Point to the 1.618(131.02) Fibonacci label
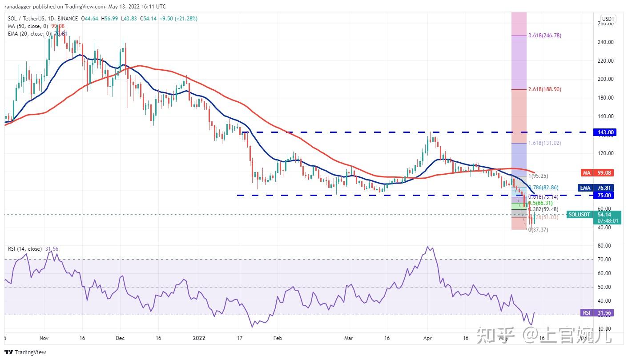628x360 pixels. [x=546, y=143]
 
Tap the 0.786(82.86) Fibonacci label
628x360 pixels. [x=543, y=188]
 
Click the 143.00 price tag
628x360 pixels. [x=605, y=132]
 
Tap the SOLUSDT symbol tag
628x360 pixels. [x=580, y=215]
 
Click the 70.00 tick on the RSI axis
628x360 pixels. [x=605, y=259]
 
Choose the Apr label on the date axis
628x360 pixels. [x=428, y=338]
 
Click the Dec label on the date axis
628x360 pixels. [x=120, y=338]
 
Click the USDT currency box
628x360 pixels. [x=608, y=19]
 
